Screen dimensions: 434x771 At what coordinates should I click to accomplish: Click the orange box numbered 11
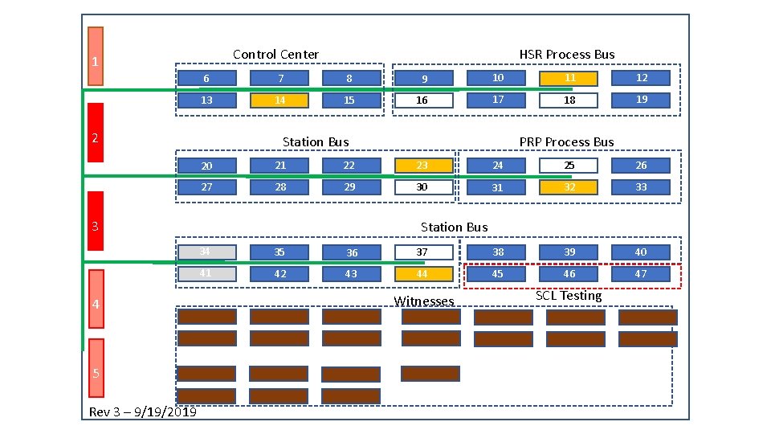(569, 78)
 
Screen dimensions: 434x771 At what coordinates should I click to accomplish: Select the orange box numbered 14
(279, 100)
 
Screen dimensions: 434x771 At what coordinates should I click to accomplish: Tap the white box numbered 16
(423, 100)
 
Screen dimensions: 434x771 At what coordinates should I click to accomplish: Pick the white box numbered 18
(569, 100)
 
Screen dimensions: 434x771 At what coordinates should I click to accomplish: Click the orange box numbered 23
(423, 166)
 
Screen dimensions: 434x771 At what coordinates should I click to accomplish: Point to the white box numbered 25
(569, 166)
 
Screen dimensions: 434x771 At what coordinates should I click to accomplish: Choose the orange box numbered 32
(569, 187)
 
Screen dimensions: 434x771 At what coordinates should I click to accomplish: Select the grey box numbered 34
(206, 252)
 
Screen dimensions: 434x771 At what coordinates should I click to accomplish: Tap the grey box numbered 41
(206, 274)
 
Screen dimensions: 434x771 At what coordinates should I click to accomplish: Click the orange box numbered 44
(423, 274)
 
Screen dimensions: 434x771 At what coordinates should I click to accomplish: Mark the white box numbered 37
(423, 252)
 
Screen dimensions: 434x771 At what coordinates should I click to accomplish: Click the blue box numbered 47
(641, 274)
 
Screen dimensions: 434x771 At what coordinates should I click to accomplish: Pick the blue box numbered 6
(206, 79)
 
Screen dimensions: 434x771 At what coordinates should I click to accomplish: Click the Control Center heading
(275, 55)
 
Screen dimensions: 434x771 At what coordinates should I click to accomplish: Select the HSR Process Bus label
(567, 55)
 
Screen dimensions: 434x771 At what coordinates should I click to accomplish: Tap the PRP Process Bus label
(566, 142)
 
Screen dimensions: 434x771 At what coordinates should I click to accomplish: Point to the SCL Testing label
(569, 296)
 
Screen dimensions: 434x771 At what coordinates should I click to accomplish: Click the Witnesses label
(424, 301)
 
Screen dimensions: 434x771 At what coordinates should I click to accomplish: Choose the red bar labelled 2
(96, 137)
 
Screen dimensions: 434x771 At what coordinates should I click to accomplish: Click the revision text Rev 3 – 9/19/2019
(143, 412)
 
